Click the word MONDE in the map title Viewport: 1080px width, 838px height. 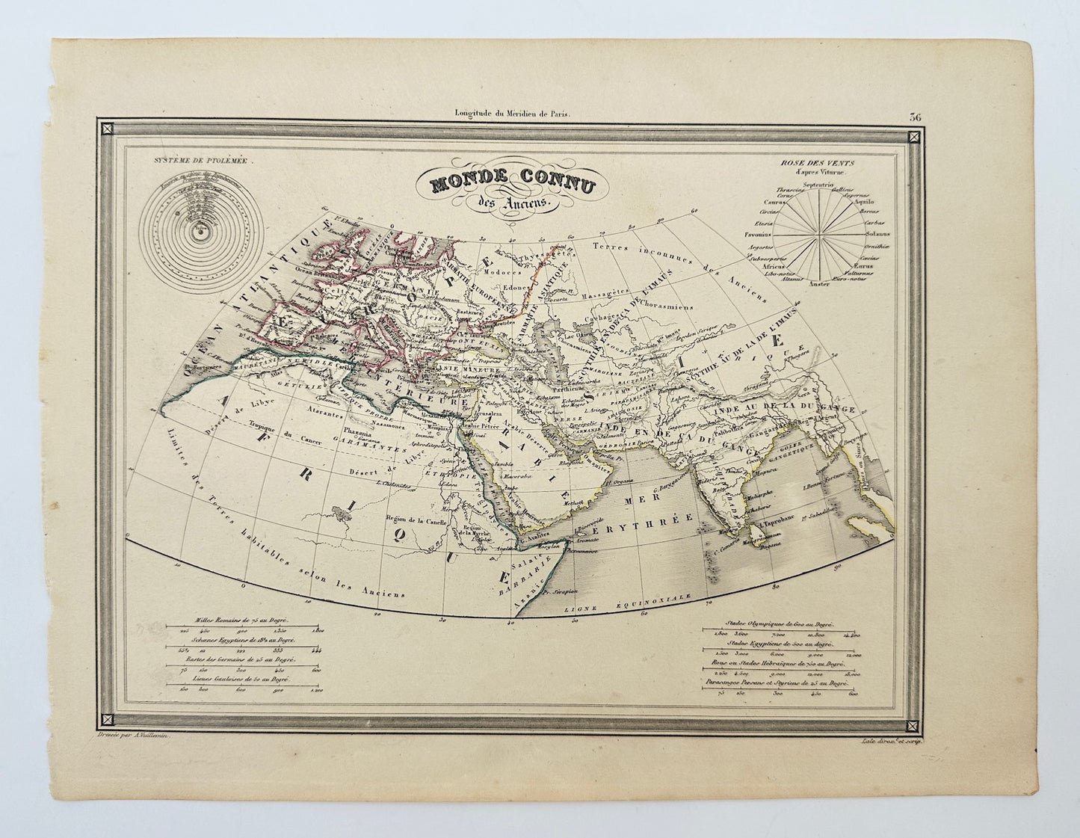[x=454, y=182]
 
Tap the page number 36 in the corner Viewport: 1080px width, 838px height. [x=916, y=116]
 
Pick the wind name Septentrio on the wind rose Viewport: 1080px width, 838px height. [x=818, y=184]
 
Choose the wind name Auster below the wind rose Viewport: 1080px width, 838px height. [x=819, y=283]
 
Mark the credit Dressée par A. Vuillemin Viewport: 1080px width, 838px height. [x=133, y=737]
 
